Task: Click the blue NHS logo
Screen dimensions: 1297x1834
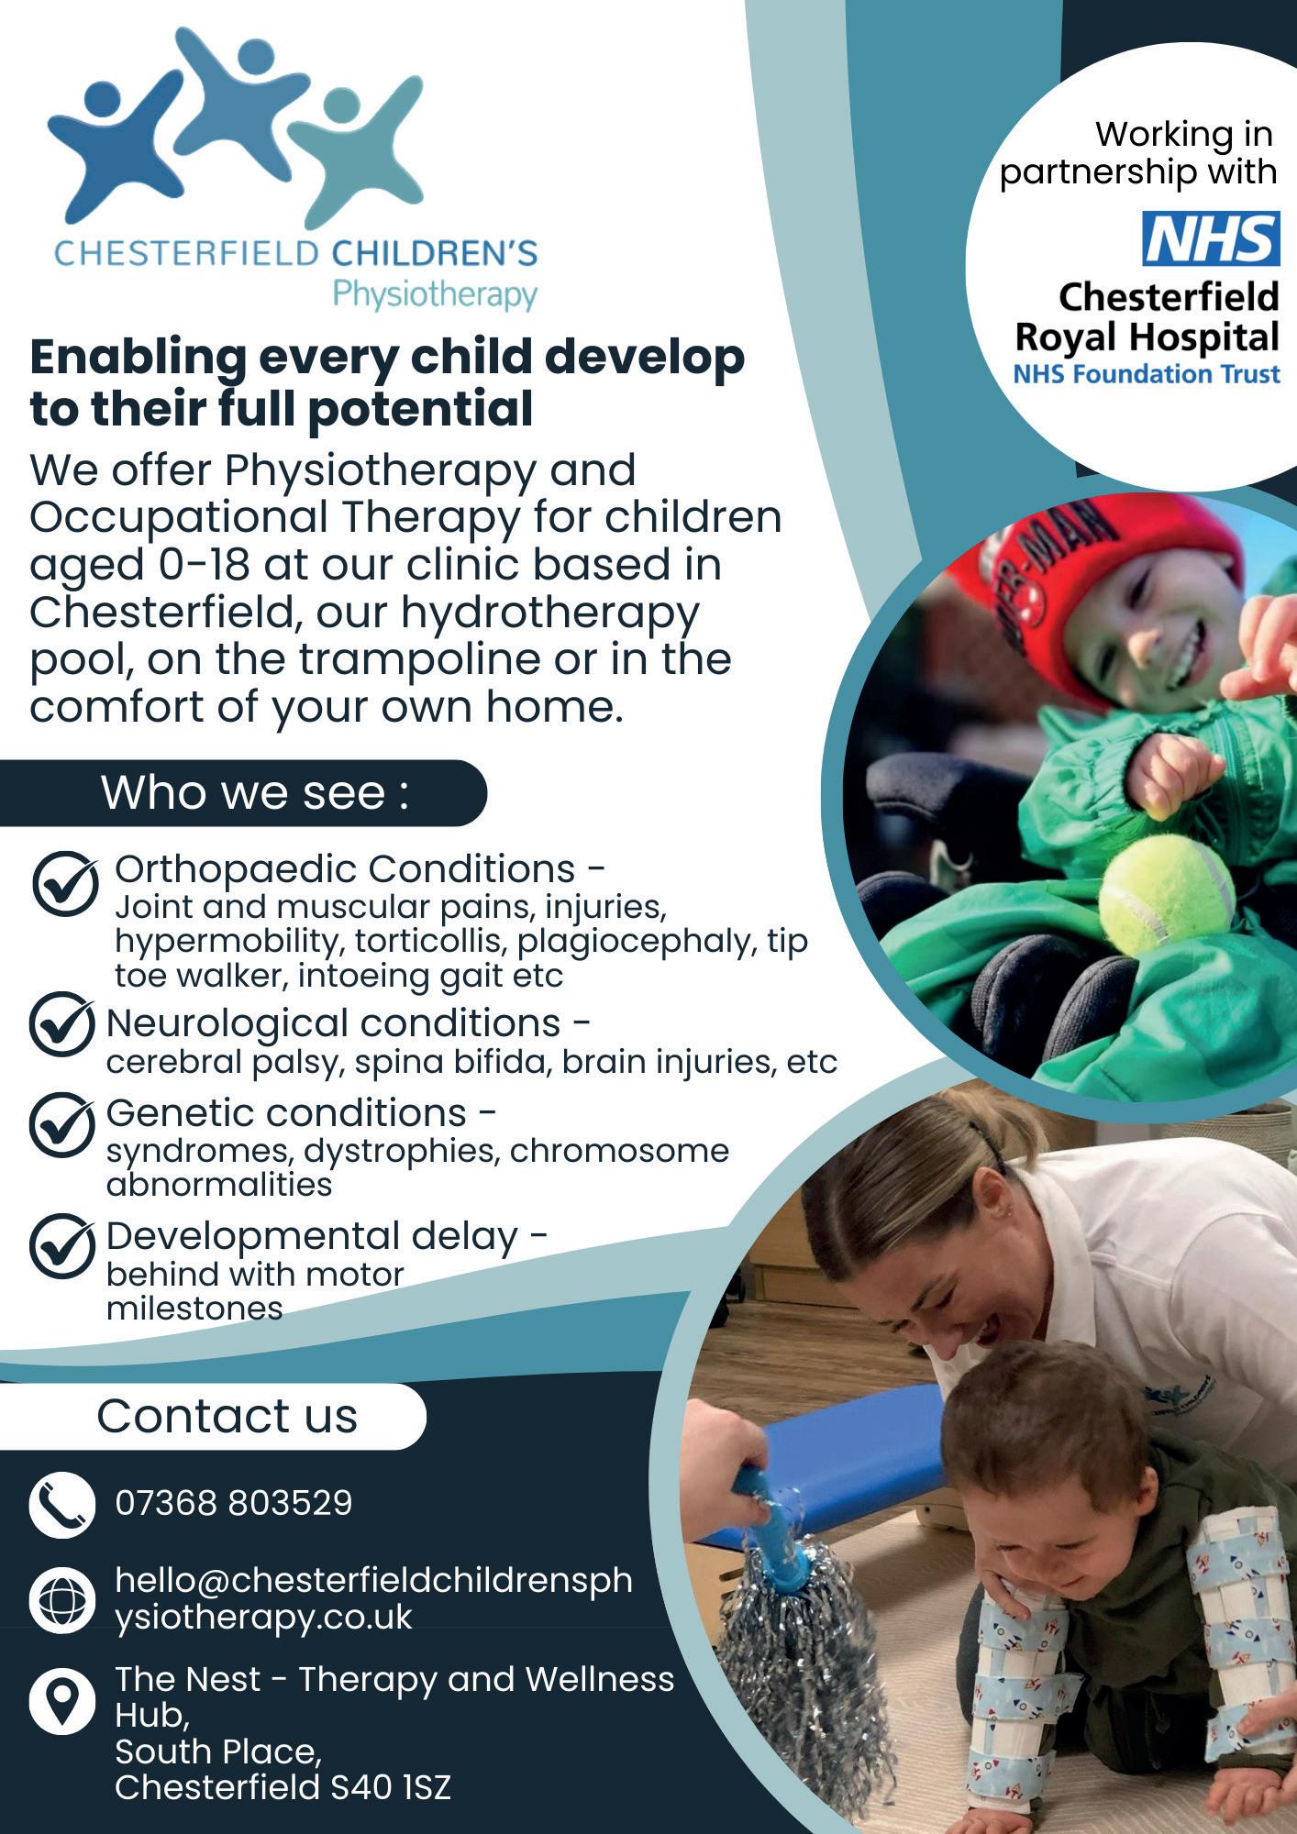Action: click(x=1210, y=238)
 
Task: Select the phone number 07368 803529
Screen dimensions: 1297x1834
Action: click(x=234, y=1503)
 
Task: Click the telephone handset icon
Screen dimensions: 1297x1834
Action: click(x=62, y=1505)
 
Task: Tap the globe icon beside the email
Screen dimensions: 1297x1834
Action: click(x=62, y=1600)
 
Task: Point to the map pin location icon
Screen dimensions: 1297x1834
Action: click(x=62, y=1699)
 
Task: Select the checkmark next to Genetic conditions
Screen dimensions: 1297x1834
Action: click(x=62, y=1124)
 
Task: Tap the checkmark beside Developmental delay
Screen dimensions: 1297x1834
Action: click(x=62, y=1246)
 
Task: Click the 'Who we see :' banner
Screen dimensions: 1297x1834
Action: click(x=243, y=792)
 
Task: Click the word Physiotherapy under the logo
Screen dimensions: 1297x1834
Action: click(x=435, y=295)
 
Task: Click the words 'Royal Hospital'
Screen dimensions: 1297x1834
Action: click(x=1147, y=337)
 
